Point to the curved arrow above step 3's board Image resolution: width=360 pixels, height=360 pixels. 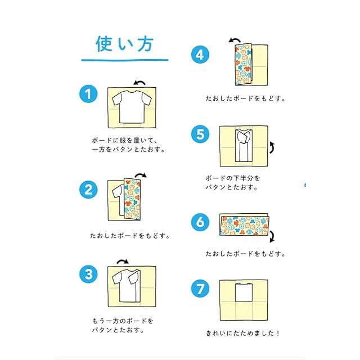pyautogui.click(x=121, y=261)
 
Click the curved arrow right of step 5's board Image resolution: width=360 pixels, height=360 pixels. pyautogui.click(x=273, y=147)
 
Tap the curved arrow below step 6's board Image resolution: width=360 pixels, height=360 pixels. pyautogui.click(x=272, y=235)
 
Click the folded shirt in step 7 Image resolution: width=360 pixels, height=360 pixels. pyautogui.click(x=244, y=298)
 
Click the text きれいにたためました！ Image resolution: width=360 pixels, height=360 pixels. pyautogui.click(x=243, y=332)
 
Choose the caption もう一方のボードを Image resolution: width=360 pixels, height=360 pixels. pyautogui.click(x=122, y=321)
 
